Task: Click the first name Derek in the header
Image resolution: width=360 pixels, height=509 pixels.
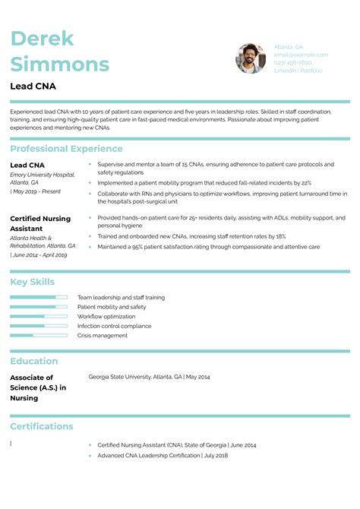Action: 42,40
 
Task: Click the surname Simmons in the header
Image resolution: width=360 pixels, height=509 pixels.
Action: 60,64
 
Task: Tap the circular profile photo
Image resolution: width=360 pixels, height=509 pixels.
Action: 251,58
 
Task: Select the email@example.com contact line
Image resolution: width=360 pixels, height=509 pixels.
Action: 301,55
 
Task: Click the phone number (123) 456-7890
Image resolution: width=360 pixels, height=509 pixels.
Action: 293,62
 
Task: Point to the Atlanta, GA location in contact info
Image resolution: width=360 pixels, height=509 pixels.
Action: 289,47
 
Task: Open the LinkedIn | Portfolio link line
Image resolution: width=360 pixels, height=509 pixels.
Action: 298,71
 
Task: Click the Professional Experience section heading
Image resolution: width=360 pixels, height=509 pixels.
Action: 66,149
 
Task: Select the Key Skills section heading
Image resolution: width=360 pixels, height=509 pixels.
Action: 33,282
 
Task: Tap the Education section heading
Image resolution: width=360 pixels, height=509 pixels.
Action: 34,361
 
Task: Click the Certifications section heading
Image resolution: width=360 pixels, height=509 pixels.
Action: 42,426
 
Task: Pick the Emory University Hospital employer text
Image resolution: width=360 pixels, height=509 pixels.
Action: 43,175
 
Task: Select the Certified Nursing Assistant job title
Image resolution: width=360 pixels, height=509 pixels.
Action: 40,223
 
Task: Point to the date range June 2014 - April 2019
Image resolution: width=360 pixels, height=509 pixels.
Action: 39,254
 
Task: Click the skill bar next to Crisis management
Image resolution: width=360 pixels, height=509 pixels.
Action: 39,335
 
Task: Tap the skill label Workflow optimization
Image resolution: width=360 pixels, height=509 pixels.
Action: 106,316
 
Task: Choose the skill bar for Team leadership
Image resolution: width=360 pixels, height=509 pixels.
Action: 39,297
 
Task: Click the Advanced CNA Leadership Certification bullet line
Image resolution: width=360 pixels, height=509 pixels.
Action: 163,455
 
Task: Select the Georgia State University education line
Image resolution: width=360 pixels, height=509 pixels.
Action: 149,377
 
